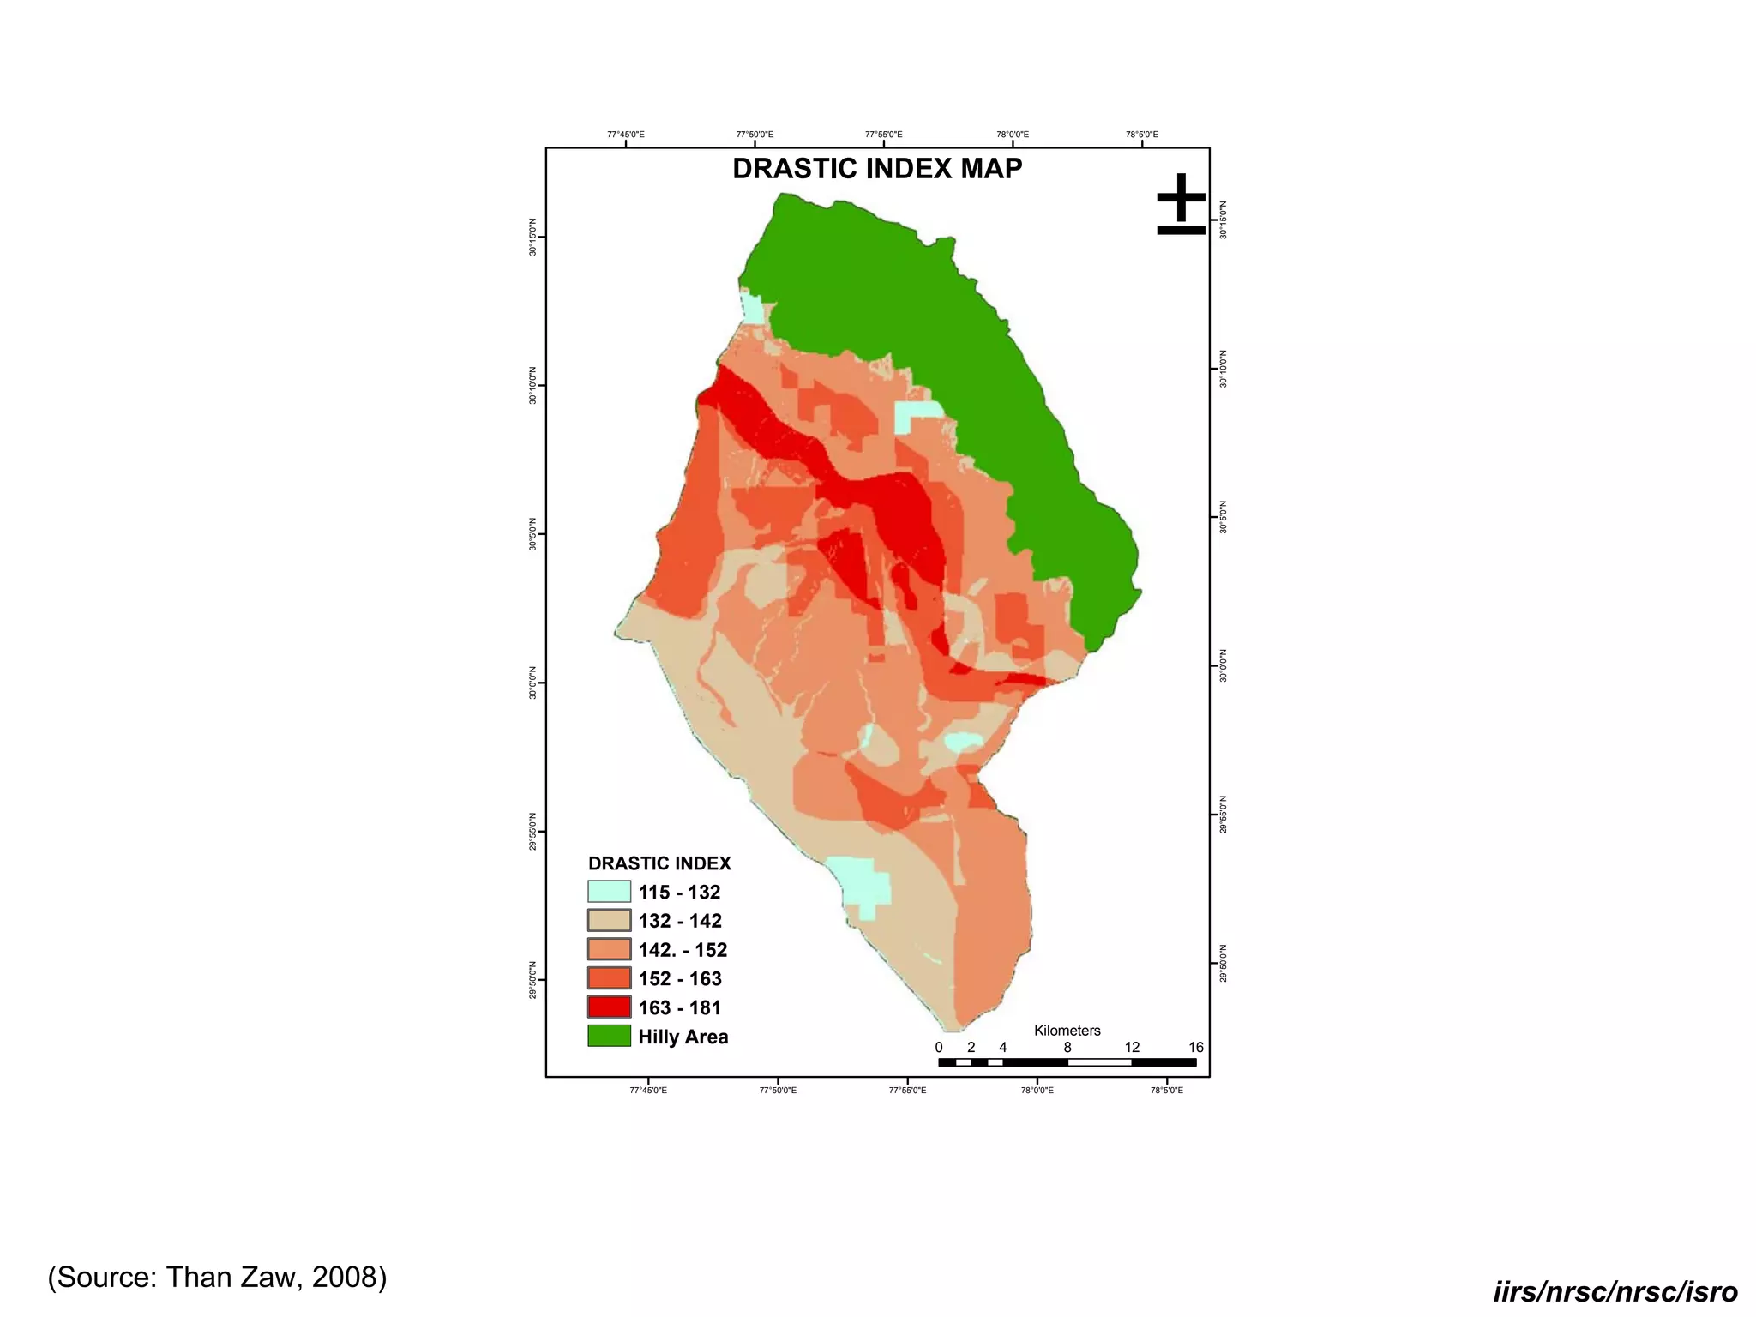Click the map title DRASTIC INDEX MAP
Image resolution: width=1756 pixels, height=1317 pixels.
click(876, 168)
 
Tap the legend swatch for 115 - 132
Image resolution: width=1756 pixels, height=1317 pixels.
click(609, 892)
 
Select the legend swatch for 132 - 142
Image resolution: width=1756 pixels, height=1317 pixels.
click(609, 921)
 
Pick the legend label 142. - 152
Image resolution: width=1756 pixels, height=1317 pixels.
click(683, 950)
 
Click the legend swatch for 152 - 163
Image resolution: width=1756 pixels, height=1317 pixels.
click(609, 978)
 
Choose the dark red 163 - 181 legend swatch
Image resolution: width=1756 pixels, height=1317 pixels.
click(609, 1007)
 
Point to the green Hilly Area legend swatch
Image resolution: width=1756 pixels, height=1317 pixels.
click(609, 1036)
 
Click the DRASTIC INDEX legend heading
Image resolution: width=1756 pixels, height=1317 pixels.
click(659, 863)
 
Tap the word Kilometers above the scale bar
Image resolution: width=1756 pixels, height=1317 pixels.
click(1067, 1031)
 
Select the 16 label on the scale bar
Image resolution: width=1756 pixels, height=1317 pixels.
click(1195, 1048)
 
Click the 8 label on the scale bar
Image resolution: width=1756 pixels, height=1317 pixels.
click(1067, 1048)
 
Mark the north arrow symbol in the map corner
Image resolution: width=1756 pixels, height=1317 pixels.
click(1181, 204)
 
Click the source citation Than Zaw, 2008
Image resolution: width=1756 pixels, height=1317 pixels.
click(217, 1277)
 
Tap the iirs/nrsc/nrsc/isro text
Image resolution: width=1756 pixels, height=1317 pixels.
click(1615, 1291)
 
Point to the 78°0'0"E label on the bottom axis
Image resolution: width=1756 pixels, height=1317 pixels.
click(1037, 1091)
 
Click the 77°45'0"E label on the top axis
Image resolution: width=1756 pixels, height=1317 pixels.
click(625, 135)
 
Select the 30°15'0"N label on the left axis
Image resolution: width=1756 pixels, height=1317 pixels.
click(532, 238)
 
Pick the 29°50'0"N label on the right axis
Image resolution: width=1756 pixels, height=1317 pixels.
click(1224, 964)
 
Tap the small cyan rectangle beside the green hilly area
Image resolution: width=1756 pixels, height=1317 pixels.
click(916, 417)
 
